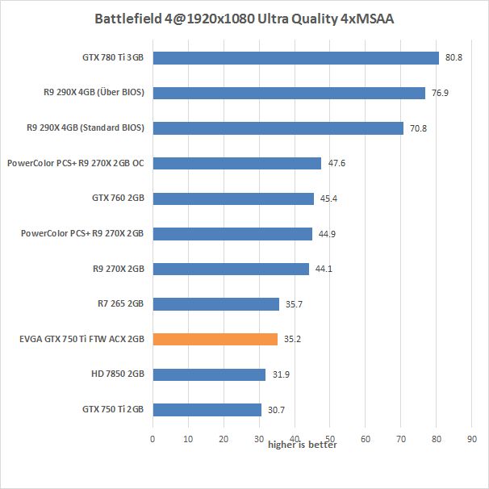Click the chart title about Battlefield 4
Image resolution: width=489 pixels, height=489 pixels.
[244, 19]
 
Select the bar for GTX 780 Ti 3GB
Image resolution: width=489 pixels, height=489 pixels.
[295, 58]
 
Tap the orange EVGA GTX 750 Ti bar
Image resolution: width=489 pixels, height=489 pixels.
[215, 339]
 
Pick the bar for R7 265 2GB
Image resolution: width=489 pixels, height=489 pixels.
[215, 304]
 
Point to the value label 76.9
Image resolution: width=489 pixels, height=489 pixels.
[440, 94]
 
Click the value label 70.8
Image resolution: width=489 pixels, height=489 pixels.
[418, 128]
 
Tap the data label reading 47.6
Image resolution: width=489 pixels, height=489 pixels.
[336, 164]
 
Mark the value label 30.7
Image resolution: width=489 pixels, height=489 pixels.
[277, 410]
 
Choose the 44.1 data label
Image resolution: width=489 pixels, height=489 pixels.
[324, 270]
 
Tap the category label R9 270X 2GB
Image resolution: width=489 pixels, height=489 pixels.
[119, 269]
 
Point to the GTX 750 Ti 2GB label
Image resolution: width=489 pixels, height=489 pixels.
[114, 409]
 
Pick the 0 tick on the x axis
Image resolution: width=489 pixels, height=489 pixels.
[153, 439]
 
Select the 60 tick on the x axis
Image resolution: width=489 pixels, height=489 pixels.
[366, 439]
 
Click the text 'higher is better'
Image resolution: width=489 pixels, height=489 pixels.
[303, 445]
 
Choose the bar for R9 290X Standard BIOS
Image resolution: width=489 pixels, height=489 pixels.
[278, 128]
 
